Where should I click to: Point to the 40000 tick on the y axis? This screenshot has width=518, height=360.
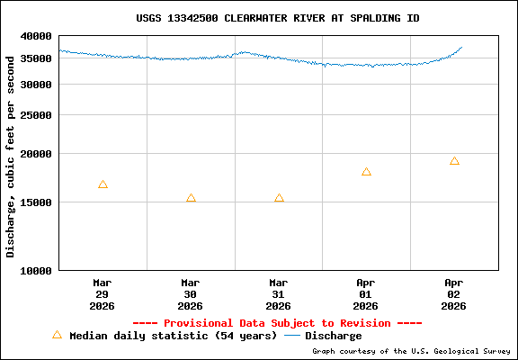pos(38,36)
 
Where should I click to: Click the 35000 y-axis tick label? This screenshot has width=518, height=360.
pos(38,58)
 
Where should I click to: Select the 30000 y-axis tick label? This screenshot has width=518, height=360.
pos(38,85)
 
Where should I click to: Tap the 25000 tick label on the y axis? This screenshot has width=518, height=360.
pos(38,115)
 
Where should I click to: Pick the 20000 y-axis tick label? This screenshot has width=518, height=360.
pos(38,154)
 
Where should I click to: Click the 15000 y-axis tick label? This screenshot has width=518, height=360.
pos(38,202)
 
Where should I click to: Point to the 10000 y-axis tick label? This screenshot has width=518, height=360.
pos(38,270)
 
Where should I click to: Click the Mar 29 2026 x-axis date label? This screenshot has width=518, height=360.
pos(103,293)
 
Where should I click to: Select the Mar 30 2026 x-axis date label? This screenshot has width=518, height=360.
pos(191,293)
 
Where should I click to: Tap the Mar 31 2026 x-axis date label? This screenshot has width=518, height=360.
pos(279,293)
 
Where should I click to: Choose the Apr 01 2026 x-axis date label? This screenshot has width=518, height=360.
pos(366,293)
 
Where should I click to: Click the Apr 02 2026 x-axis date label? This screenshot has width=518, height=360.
pos(454,293)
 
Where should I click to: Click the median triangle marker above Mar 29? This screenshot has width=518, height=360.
pos(103,184)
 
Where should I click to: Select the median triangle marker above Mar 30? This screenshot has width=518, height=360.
pos(191,198)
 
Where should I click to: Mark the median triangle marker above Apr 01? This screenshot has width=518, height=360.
pos(366,172)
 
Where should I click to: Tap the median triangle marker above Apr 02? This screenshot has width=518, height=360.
pos(454,161)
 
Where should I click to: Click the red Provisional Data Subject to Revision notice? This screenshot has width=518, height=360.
pos(277,323)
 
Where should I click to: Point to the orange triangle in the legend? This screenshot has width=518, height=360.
pos(57,335)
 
